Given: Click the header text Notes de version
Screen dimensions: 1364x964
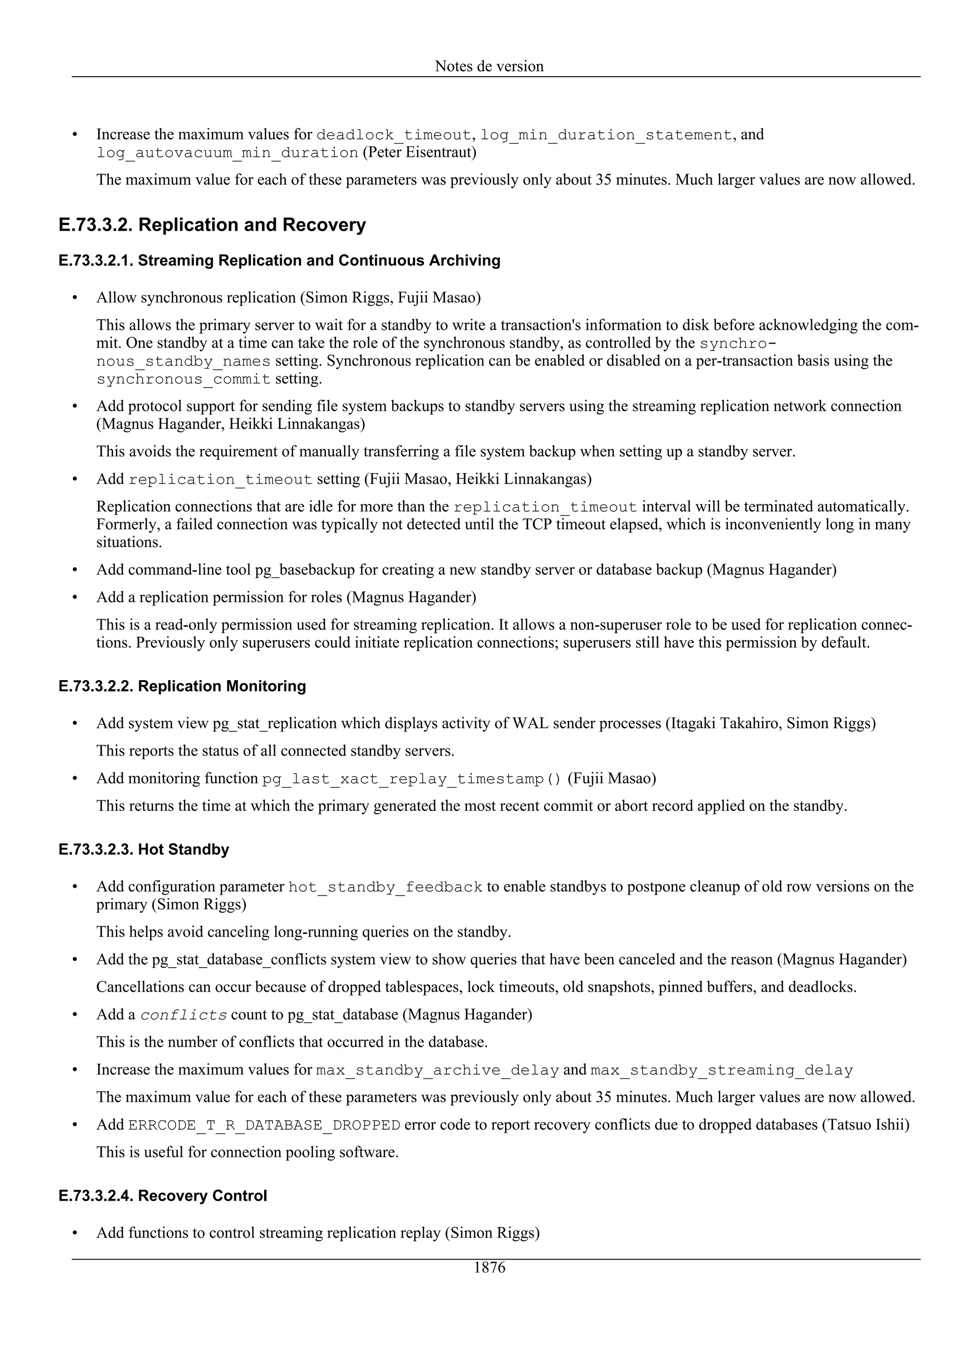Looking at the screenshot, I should [x=489, y=66].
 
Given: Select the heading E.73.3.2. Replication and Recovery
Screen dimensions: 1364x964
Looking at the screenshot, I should [x=212, y=225].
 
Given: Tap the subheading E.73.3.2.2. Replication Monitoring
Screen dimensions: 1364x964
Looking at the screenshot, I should [x=182, y=686].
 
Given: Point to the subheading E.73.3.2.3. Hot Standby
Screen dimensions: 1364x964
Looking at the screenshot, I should [x=144, y=850].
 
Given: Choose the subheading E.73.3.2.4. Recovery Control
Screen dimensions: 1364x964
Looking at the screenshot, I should [x=163, y=1196].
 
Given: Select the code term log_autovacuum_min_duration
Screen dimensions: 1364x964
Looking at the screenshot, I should [x=227, y=153].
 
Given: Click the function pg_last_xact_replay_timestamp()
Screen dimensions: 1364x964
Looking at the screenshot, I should [x=411, y=779].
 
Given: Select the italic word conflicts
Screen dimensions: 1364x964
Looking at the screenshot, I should [x=184, y=1015].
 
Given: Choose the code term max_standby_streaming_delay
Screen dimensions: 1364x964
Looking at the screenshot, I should [x=722, y=1070].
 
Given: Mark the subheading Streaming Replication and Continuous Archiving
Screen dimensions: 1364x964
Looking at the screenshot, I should [x=319, y=261].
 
